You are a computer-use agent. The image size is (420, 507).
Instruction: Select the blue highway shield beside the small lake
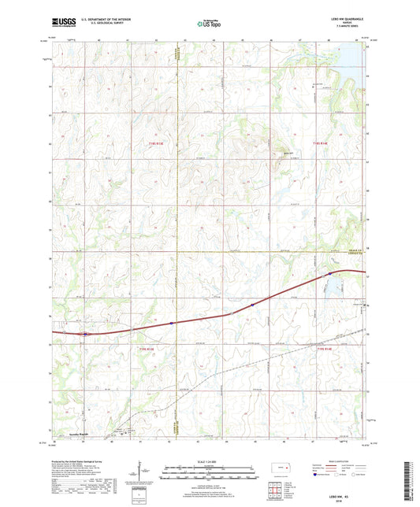[x=327, y=273]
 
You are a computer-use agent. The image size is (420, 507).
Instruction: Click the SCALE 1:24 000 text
[x=210, y=461]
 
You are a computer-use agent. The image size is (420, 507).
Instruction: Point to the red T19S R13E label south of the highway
[x=143, y=349]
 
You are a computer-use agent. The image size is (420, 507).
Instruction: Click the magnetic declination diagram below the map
[x=142, y=478]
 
